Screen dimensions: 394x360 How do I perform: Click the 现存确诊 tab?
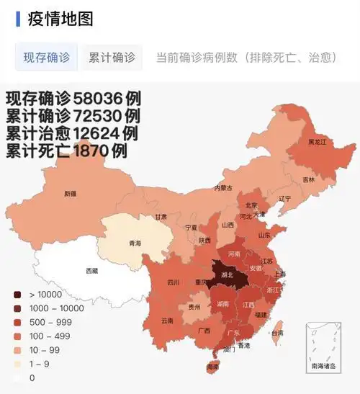(47, 57)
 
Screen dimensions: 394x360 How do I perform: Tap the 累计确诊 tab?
(112, 57)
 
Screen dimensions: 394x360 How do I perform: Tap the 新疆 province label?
(70, 193)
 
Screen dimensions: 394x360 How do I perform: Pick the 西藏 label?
(91, 271)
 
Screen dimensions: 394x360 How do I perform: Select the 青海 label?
(135, 243)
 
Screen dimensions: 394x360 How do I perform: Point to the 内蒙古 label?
(223, 188)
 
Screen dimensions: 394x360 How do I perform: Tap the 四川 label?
(174, 283)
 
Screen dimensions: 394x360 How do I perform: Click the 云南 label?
(167, 320)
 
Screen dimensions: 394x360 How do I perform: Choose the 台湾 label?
(276, 333)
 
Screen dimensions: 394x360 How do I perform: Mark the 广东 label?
(234, 333)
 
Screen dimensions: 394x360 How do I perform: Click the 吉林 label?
(309, 179)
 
